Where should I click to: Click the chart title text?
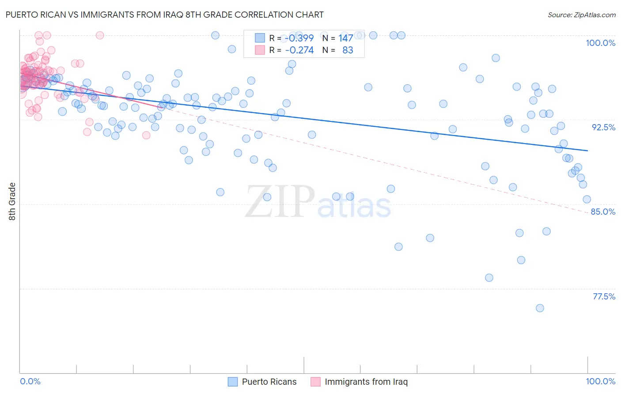[x=164, y=15]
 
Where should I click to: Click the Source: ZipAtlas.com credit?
[x=581, y=15]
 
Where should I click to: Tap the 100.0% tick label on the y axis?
[x=600, y=43]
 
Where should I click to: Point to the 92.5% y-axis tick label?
[x=603, y=127]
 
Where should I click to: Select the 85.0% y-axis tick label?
[x=603, y=212]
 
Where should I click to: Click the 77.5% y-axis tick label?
[x=604, y=296]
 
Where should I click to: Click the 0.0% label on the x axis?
[x=30, y=381]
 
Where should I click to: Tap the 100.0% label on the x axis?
[x=600, y=381]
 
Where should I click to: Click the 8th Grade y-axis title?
[x=12, y=201]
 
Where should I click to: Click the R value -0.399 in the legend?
[x=299, y=38]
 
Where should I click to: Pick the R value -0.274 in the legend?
[x=299, y=50]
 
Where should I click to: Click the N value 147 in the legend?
[x=345, y=38]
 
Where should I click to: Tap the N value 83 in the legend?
[x=348, y=50]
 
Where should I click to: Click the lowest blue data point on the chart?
[x=540, y=308]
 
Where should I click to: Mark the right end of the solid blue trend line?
[x=587, y=151]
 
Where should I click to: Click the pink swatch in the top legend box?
[x=260, y=50]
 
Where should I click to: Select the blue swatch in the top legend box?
[x=260, y=38]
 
